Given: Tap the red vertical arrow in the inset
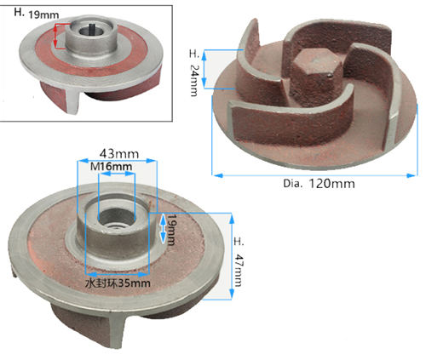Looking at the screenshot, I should click(x=56, y=34).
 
